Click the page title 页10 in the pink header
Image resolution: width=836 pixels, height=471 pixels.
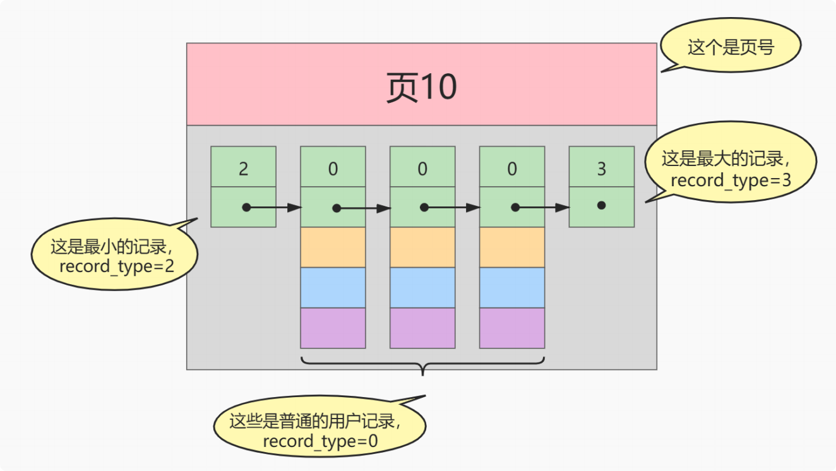pyautogui.click(x=421, y=87)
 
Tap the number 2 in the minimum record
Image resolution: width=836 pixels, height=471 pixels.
pyautogui.click(x=243, y=169)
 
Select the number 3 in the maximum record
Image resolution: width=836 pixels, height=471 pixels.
pyautogui.click(x=601, y=169)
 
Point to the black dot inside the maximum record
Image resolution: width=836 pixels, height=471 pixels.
pyautogui.click(x=601, y=205)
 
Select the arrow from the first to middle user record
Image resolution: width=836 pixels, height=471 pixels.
pyautogui.click(x=363, y=208)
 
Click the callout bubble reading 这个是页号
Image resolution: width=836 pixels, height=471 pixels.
pyautogui.click(x=731, y=47)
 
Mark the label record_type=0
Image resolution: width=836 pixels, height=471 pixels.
pyautogui.click(x=320, y=441)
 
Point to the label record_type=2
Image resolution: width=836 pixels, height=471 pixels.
pyautogui.click(x=116, y=266)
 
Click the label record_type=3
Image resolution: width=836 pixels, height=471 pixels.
pyautogui.click(x=730, y=180)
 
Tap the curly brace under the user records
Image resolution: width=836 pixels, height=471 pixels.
pyautogui.click(x=422, y=364)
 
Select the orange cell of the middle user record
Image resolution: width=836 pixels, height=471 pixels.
pyautogui.click(x=422, y=247)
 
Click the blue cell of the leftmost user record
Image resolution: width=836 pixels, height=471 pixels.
pyautogui.click(x=333, y=287)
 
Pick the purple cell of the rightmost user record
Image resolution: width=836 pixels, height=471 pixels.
pyautogui.click(x=512, y=328)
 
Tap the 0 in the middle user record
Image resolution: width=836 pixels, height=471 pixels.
pyautogui.click(x=422, y=169)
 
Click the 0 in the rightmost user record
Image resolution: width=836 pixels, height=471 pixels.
pyautogui.click(x=512, y=169)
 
